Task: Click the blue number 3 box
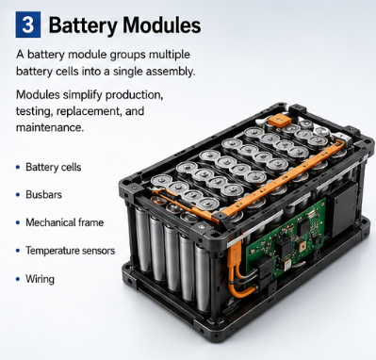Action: (x=28, y=25)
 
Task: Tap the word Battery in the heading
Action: (x=83, y=25)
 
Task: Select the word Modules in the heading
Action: (x=162, y=25)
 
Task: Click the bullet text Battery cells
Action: (x=54, y=167)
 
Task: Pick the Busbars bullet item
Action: (x=43, y=195)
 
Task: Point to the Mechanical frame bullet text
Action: (x=65, y=222)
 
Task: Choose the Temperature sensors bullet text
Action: (x=71, y=251)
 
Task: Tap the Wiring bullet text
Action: (x=40, y=279)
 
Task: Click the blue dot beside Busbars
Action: (x=18, y=195)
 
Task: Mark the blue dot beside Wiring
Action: (x=18, y=279)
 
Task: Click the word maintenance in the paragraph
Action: (x=50, y=127)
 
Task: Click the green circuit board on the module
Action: (x=285, y=237)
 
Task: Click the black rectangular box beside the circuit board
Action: (x=343, y=208)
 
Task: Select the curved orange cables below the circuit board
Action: (x=237, y=270)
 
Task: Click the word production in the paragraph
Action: (x=134, y=95)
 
